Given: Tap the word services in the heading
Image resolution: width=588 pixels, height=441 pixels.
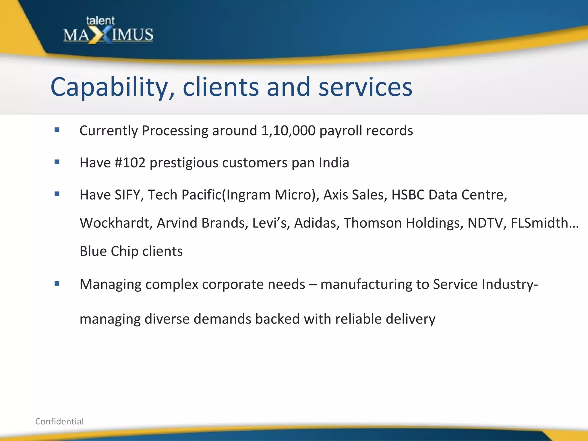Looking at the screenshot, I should point(365,87).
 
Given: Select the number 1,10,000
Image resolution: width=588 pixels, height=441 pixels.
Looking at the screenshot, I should point(288,131).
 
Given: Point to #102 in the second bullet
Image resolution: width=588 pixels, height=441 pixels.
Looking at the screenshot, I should point(130,163).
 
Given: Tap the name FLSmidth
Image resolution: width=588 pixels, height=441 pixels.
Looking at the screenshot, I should point(540,223).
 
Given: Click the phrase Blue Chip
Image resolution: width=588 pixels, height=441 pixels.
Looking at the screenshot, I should point(109,251).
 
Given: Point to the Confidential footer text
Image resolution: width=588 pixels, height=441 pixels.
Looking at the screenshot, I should point(59,421).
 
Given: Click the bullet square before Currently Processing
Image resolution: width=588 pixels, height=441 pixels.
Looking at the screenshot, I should point(57,130).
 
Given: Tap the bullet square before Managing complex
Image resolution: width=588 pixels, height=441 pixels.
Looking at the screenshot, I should point(57,284).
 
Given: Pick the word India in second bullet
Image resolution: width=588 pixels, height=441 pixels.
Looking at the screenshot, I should point(334,163).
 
